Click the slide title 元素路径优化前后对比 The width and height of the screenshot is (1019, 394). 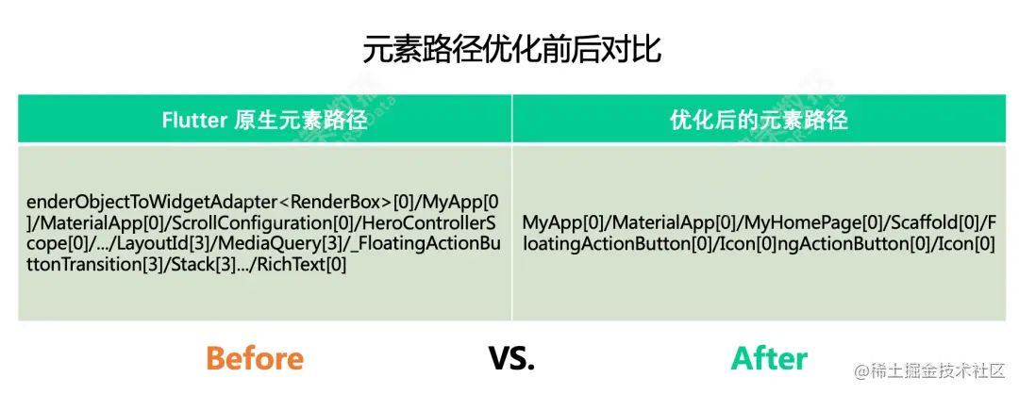coord(511,50)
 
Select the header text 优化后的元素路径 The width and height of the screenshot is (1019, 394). coord(759,120)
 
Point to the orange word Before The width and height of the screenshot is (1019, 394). coord(255,358)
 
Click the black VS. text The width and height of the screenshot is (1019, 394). coord(511,358)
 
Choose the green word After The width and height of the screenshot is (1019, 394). coord(769,358)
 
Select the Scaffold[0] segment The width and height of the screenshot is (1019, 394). coord(907,222)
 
